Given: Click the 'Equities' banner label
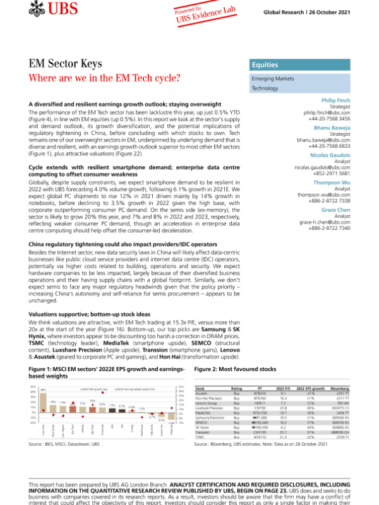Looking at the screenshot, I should tap(265, 65).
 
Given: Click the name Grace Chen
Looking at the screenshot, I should tap(335, 208).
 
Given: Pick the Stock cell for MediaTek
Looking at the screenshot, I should tap(206, 413).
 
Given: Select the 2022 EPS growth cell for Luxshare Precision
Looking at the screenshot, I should tap(310, 408).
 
